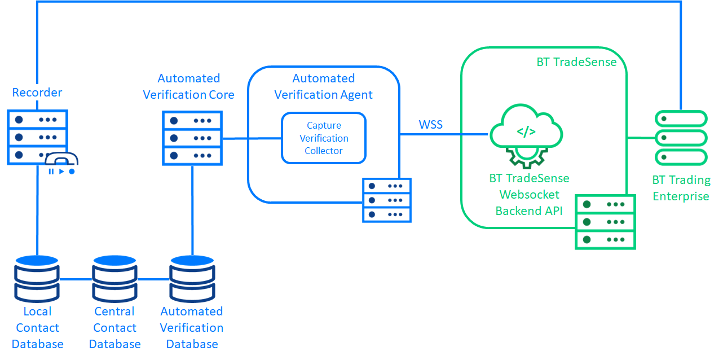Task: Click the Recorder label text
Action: pos(37,93)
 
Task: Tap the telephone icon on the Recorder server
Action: pos(61,162)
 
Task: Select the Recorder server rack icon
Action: pos(37,137)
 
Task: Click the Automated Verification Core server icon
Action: pos(192,138)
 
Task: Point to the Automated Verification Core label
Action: pos(188,86)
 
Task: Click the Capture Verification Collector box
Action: pos(324,138)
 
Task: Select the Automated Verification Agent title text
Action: pos(323,86)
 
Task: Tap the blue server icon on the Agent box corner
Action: pos(387,200)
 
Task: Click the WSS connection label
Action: pos(430,125)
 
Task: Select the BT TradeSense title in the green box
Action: pos(576,62)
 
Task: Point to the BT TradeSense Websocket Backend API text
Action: pos(528,195)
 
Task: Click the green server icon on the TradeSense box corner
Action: pos(605,222)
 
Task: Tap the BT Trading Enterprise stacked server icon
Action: pos(681,138)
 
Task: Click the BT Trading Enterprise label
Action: pos(681,188)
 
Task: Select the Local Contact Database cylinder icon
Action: pos(37,278)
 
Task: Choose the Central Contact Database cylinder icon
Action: pos(114,278)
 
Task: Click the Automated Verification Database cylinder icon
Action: pos(192,278)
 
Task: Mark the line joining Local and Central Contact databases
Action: pos(76,279)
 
